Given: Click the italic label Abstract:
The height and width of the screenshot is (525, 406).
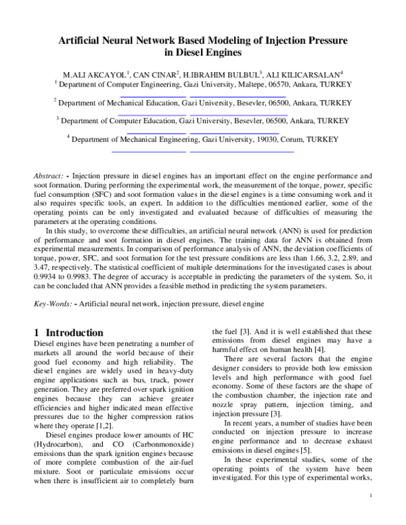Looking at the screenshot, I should (49, 175).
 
